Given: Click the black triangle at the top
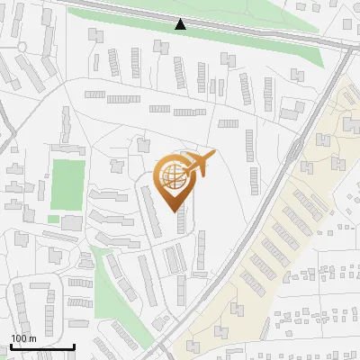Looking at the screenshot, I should (181, 24).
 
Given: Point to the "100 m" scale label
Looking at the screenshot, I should (23, 338).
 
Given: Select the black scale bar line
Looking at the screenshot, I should (42, 346).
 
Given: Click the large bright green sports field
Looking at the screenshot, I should (67, 183).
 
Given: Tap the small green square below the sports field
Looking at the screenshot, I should (53, 219).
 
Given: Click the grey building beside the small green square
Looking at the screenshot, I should (72, 221).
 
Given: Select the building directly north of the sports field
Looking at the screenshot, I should (66, 148).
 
